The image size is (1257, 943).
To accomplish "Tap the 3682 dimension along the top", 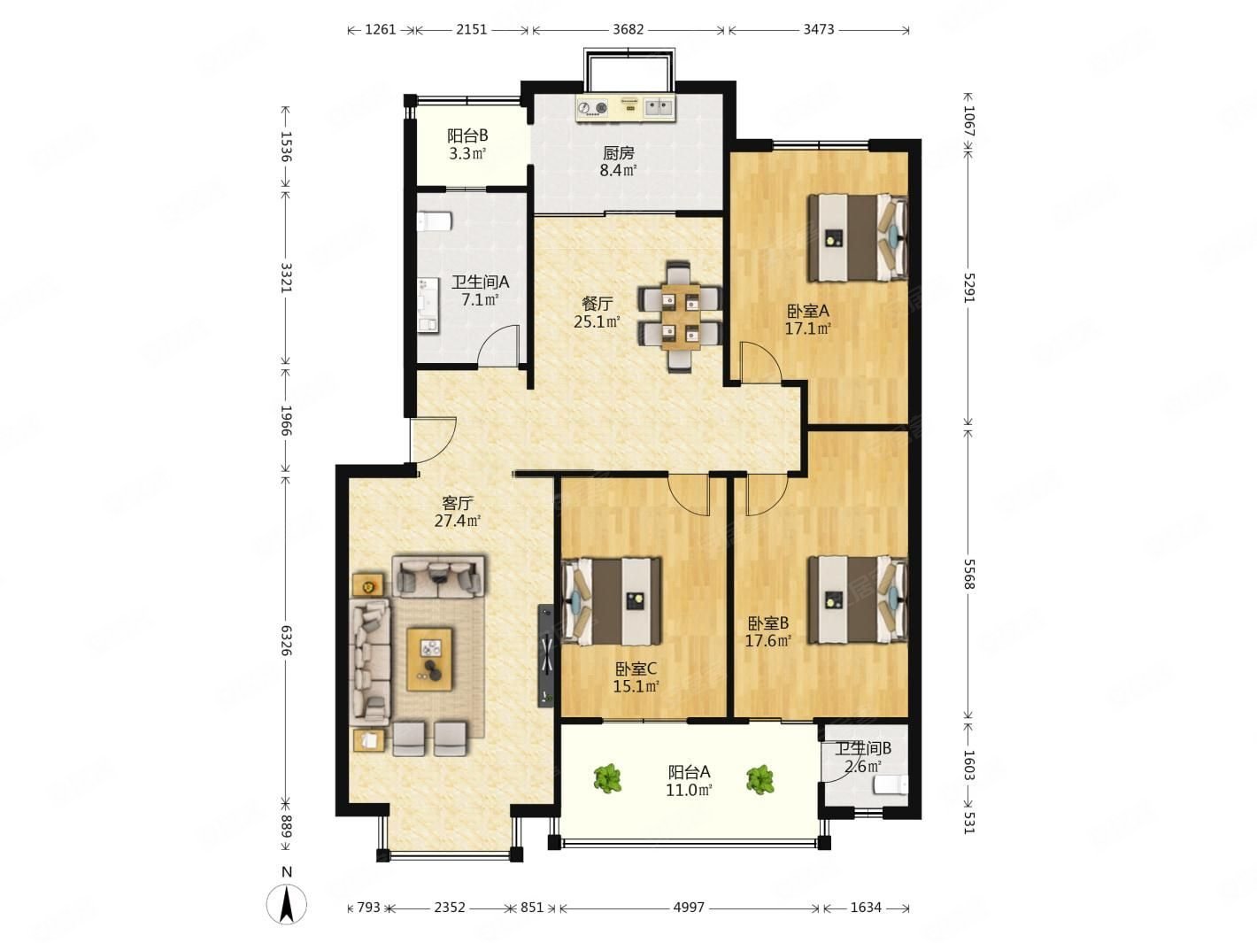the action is [x=628, y=30].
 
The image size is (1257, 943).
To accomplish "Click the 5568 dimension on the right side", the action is [x=968, y=575].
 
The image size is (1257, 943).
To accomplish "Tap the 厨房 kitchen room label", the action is [x=619, y=153].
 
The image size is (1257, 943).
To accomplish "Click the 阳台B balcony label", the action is [x=467, y=135].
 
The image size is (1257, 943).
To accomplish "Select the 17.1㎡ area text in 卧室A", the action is [x=807, y=329].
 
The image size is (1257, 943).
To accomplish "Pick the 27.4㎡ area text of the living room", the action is [x=457, y=521].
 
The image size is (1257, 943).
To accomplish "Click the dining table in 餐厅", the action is [x=681, y=317].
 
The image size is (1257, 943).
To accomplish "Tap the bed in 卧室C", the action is [x=611, y=601].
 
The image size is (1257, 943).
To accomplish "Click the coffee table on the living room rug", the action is [x=429, y=659].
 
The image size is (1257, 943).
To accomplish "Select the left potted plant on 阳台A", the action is [x=607, y=778].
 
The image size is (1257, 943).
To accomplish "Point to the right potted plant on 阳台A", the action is [x=760, y=779].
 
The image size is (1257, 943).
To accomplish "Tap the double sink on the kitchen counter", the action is [x=659, y=107].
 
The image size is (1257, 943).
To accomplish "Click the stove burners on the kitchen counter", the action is [x=592, y=108].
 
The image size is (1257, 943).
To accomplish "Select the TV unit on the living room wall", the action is [x=545, y=656].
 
